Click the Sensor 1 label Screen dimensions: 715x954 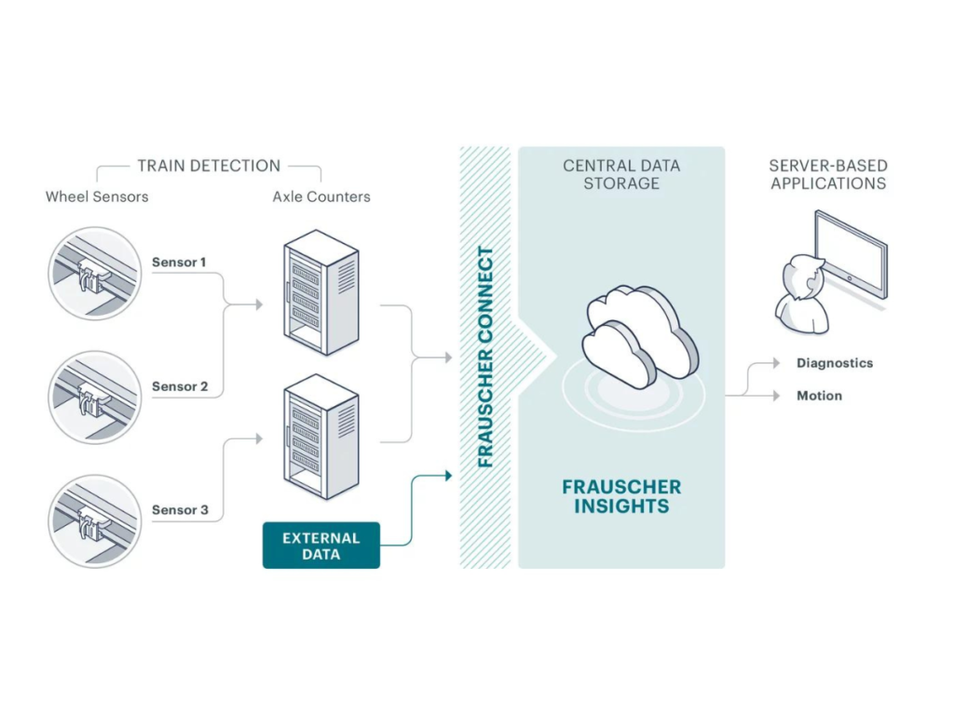pos(179,263)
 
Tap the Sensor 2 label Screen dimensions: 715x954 pos(179,386)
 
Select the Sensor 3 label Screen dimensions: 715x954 pos(179,510)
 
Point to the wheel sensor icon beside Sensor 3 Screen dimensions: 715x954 pos(93,521)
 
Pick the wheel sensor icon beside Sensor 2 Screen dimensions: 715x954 pos(93,398)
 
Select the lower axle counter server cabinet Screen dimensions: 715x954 pos(320,437)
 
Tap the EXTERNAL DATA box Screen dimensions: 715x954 pos(320,546)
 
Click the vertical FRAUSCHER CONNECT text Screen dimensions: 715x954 pos(485,357)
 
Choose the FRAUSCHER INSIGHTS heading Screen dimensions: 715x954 pos(621,496)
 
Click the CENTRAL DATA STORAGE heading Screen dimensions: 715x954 pos(621,174)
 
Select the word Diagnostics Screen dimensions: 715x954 pos(835,363)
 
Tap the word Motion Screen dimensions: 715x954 pos(819,396)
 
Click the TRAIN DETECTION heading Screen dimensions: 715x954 pos(209,166)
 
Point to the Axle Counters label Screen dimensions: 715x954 pos(321,196)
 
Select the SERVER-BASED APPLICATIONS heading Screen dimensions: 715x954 pos(828,174)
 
